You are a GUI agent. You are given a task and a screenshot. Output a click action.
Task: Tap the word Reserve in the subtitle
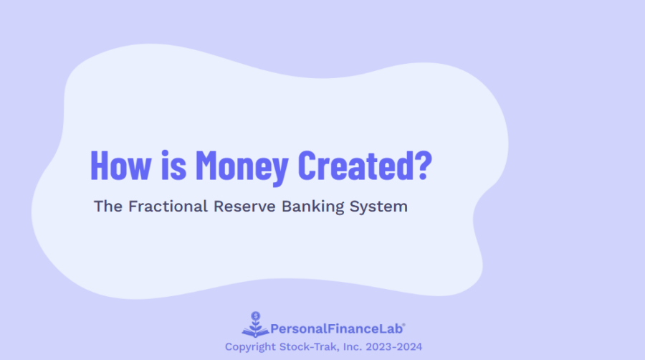245,207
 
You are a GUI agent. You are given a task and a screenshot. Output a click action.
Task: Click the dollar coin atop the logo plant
255,315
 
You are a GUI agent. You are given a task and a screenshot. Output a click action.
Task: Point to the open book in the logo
255,332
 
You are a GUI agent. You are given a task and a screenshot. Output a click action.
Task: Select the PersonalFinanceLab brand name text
336,329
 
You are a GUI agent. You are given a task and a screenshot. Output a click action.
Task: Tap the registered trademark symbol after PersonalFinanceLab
404,325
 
